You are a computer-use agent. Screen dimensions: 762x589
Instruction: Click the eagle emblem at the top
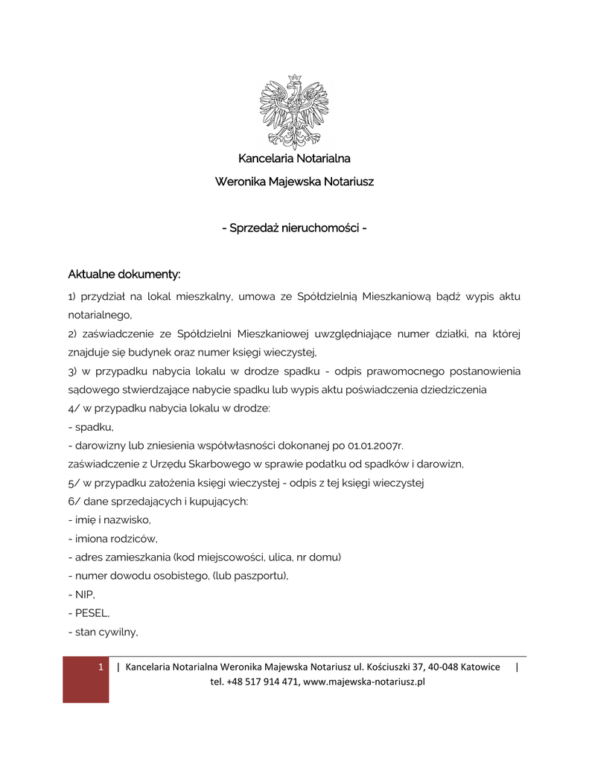click(x=294, y=111)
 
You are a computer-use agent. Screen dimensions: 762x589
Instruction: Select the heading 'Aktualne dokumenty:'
click(x=124, y=275)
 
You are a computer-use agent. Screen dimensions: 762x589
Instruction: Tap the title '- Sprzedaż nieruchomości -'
click(x=294, y=227)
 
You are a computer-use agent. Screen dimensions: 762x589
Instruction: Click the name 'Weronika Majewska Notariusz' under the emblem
click(x=294, y=182)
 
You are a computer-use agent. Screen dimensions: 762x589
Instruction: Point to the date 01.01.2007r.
click(x=375, y=446)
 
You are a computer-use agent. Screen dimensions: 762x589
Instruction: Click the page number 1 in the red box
click(x=101, y=667)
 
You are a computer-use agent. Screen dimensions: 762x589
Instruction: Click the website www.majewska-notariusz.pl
click(x=364, y=682)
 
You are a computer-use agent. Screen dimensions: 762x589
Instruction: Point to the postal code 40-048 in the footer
click(x=442, y=667)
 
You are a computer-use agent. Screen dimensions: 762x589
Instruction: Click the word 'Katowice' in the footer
click(x=480, y=667)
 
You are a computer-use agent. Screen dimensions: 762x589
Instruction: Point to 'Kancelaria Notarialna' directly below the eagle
click(x=294, y=159)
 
